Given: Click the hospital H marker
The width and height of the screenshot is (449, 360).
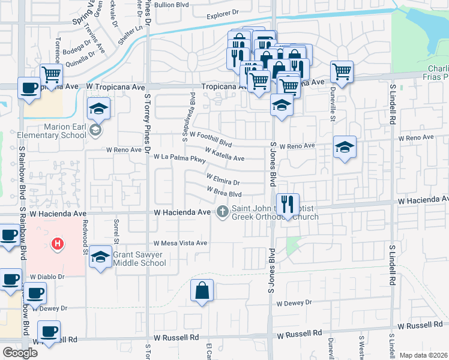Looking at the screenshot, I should (58, 244).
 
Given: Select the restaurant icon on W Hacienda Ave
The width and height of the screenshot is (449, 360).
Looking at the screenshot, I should (288, 205).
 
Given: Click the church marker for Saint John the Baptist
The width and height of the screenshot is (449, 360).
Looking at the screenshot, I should (223, 211).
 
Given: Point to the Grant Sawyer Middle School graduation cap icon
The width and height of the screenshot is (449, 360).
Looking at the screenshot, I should (100, 257).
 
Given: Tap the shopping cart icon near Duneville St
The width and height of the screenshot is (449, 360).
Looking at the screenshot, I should (342, 72).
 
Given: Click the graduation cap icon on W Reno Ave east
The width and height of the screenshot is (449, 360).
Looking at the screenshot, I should (345, 147).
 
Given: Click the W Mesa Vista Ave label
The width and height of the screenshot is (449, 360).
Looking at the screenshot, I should (180, 244).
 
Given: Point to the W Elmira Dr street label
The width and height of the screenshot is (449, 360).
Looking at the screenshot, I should (223, 179).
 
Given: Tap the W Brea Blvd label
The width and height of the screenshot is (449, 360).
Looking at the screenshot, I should (224, 192).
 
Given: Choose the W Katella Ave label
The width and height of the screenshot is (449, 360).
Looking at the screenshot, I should (224, 154).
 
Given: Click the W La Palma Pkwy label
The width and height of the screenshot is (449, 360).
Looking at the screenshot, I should (179, 158).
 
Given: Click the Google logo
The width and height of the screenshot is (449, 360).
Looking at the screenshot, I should (20, 353).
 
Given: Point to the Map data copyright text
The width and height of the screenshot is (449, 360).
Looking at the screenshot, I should (423, 355).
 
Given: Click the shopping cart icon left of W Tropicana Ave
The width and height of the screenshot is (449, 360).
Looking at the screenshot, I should (52, 75).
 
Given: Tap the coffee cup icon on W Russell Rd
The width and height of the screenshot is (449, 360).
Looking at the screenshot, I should (49, 331).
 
